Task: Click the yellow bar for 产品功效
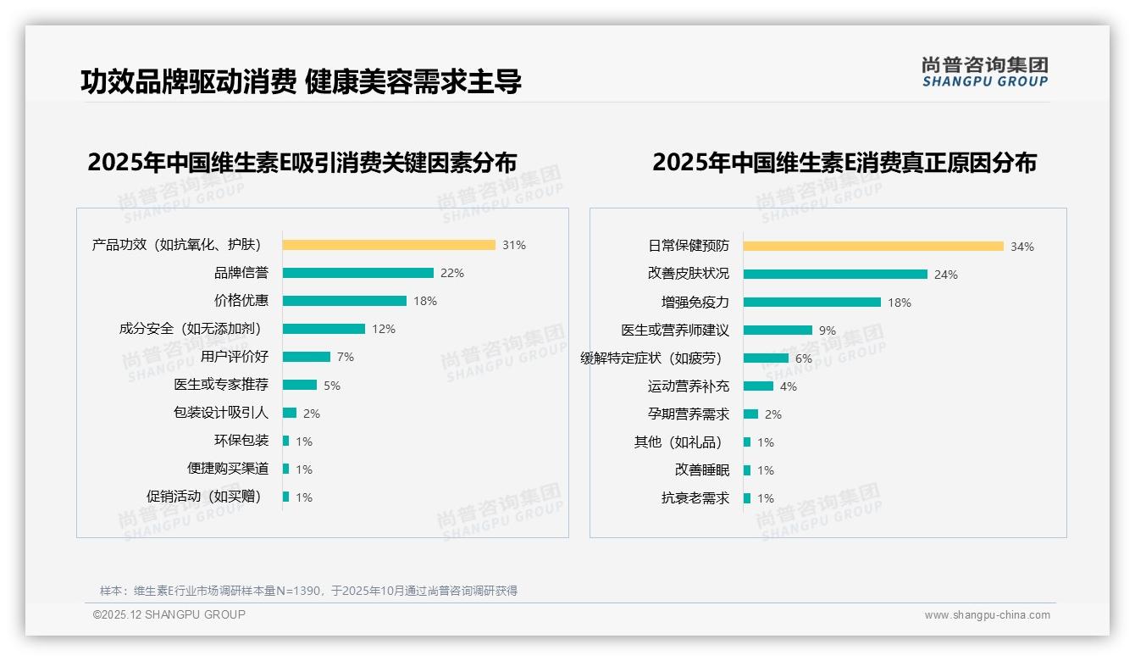point(389,245)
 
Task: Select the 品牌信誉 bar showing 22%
point(357,273)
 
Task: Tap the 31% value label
point(513,245)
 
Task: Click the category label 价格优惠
point(241,301)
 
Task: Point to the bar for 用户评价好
point(306,357)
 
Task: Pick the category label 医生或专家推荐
point(221,385)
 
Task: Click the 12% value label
point(384,329)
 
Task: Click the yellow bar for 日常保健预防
point(873,247)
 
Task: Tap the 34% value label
point(1021,247)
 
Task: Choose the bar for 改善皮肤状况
point(835,275)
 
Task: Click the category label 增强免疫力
point(695,303)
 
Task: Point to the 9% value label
point(827,330)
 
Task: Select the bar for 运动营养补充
point(758,386)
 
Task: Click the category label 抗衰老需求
point(695,498)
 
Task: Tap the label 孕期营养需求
point(688,414)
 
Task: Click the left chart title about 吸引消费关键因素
point(302,162)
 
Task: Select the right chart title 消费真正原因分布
point(844,162)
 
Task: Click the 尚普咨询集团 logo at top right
point(984,72)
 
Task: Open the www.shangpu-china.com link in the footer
point(987,615)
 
